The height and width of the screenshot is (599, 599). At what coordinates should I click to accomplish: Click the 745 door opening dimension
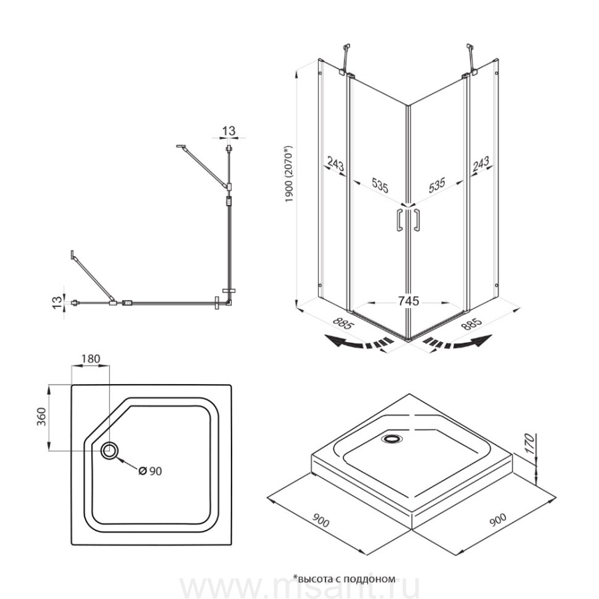pyautogui.click(x=409, y=301)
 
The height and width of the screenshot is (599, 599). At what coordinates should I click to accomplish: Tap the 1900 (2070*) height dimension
pyautogui.click(x=290, y=174)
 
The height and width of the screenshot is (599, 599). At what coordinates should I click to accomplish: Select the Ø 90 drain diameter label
pyautogui.click(x=150, y=471)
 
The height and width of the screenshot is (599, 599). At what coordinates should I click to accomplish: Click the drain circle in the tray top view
pyautogui.click(x=110, y=451)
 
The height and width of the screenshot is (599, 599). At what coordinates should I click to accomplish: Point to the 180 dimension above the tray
pyautogui.click(x=91, y=359)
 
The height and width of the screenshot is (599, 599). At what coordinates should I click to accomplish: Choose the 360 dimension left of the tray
pyautogui.click(x=41, y=417)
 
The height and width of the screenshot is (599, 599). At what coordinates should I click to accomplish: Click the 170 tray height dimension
pyautogui.click(x=529, y=443)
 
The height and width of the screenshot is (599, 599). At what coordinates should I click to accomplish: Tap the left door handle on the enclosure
pyautogui.click(x=399, y=220)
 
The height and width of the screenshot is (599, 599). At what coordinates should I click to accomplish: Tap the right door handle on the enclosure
pyautogui.click(x=416, y=220)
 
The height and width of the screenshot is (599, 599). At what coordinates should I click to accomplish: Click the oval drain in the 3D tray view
pyautogui.click(x=391, y=439)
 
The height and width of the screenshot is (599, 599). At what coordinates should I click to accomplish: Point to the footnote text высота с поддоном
pyautogui.click(x=346, y=578)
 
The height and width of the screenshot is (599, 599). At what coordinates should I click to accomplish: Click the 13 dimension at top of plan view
pyautogui.click(x=229, y=131)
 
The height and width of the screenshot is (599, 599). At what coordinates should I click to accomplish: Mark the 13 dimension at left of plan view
pyautogui.click(x=57, y=303)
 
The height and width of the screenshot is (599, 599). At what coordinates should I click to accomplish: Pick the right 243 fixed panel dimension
pyautogui.click(x=481, y=164)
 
